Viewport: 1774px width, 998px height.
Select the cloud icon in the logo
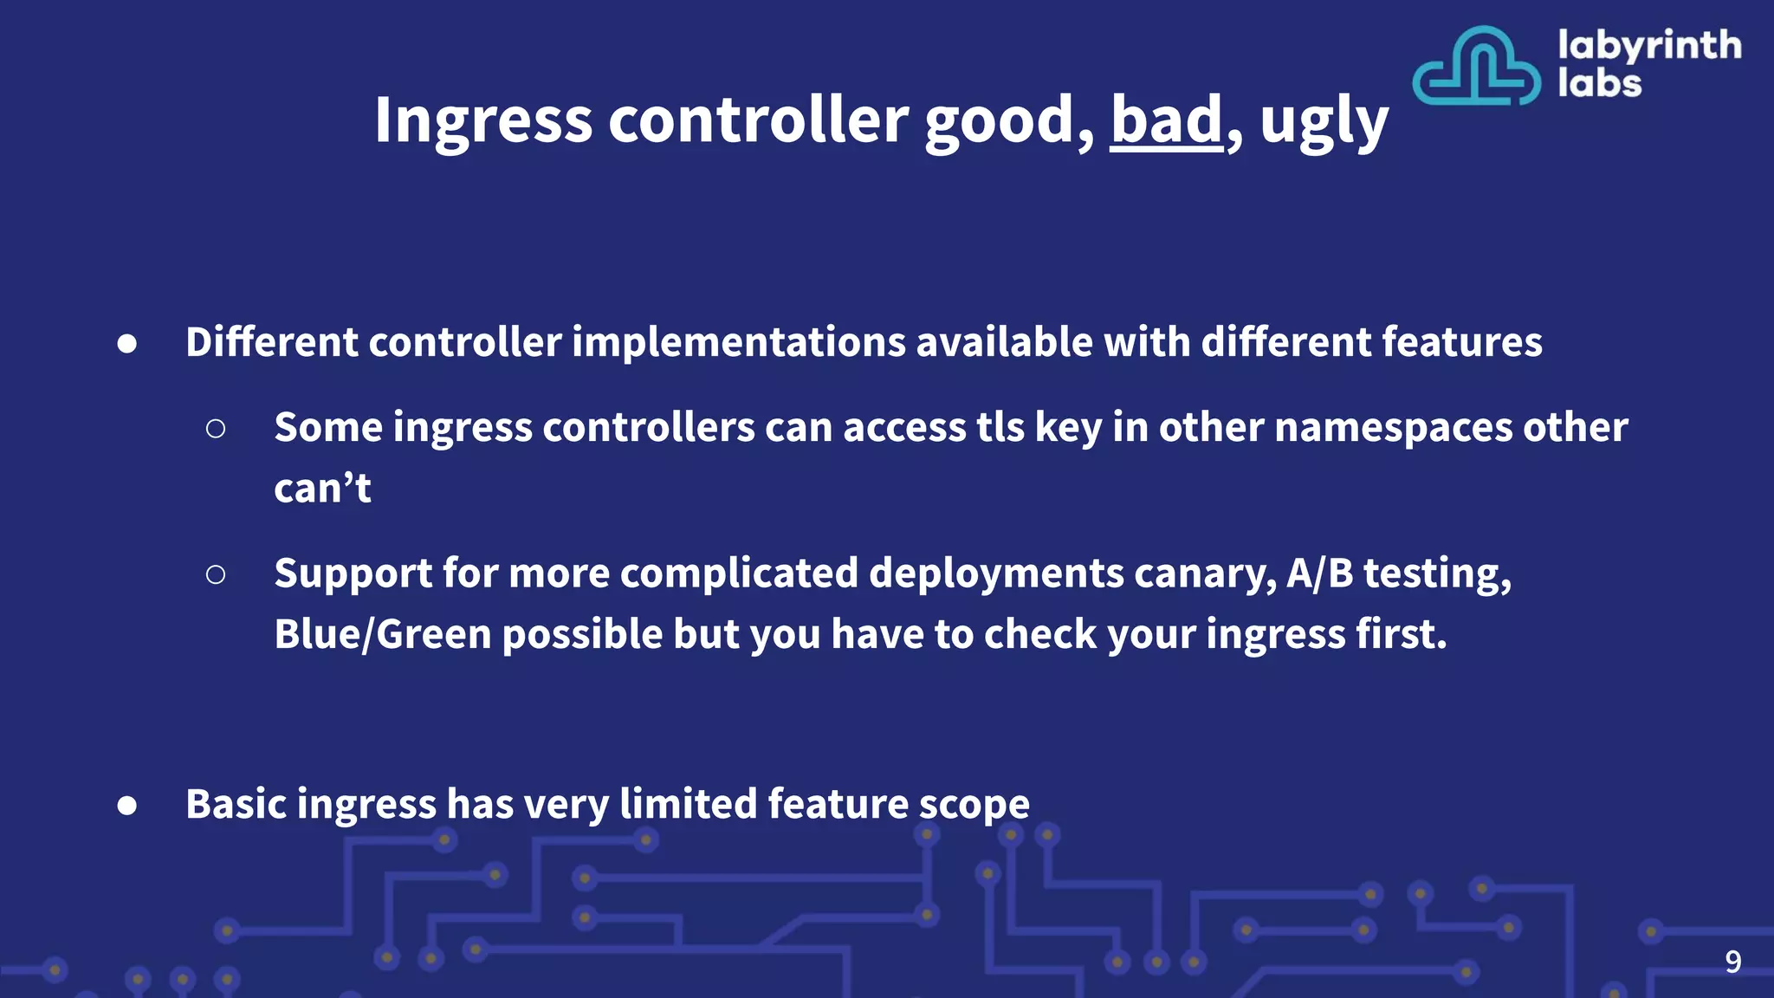tap(1476, 67)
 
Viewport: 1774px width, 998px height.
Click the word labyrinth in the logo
tap(1649, 46)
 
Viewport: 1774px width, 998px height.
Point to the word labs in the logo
tap(1599, 84)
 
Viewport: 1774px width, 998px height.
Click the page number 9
tap(1732, 962)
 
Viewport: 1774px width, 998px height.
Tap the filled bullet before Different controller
tap(127, 344)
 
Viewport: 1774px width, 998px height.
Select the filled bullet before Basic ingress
tap(127, 806)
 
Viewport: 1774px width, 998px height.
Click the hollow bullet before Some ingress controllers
tap(216, 428)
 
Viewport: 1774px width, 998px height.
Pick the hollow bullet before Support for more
tap(216, 574)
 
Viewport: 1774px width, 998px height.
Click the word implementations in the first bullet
tap(739, 342)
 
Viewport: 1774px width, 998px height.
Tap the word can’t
tap(322, 489)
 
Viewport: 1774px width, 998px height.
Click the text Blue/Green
tap(382, 635)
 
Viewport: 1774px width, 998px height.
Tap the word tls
tap(1000, 428)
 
